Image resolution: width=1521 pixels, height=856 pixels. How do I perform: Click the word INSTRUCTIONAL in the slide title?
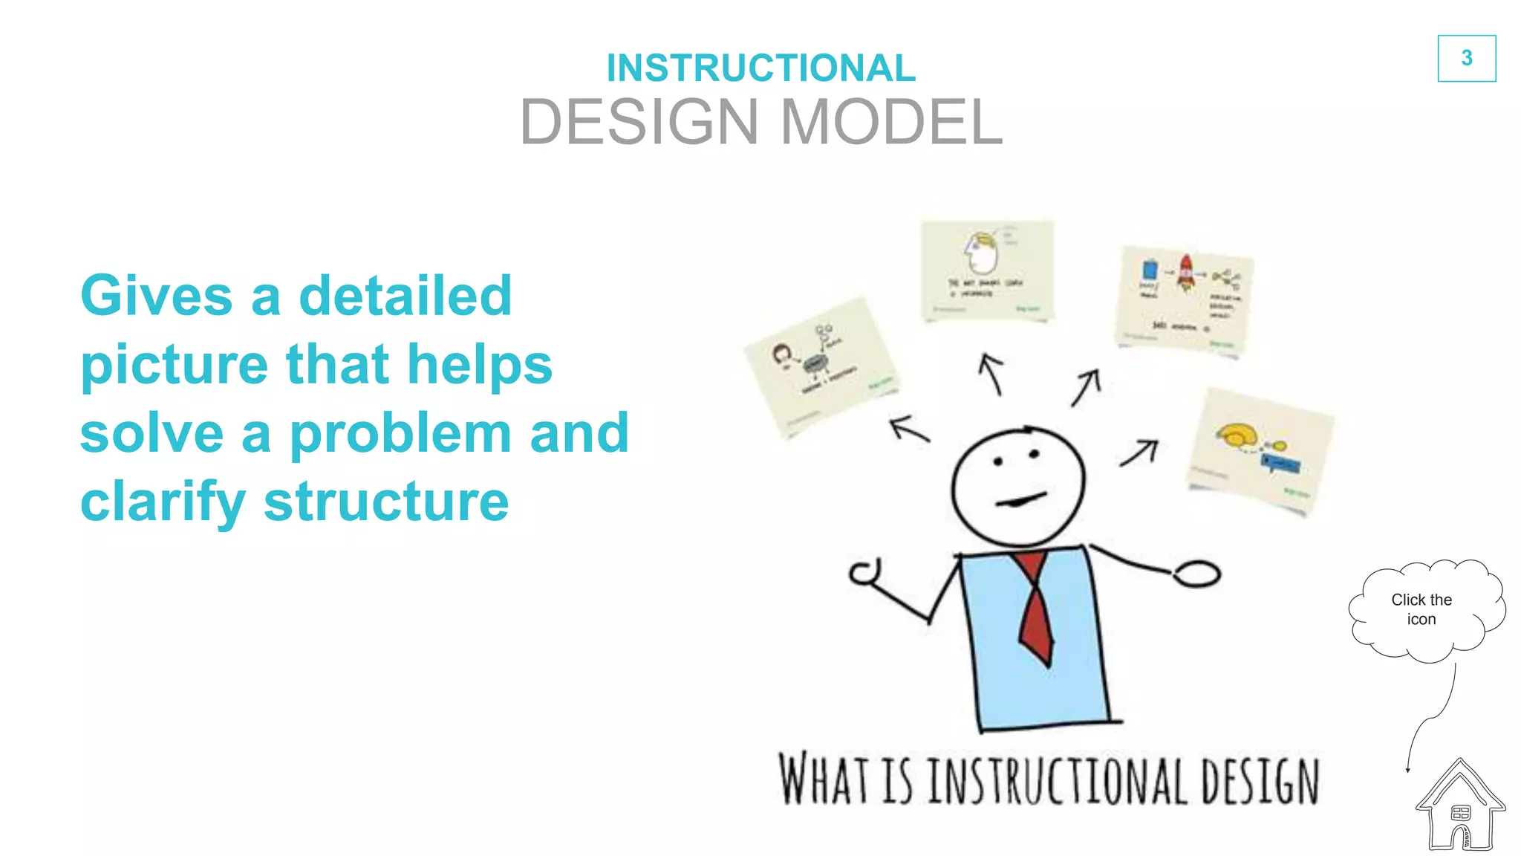[x=760, y=68]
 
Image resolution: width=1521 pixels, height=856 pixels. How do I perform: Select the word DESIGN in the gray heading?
[x=639, y=122]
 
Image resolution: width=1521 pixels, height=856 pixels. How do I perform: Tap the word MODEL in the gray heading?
[x=891, y=122]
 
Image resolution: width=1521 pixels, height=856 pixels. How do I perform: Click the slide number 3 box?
[x=1466, y=58]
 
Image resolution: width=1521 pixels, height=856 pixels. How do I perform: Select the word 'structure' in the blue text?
[x=386, y=502]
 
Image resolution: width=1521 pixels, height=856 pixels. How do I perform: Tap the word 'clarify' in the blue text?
[x=163, y=503]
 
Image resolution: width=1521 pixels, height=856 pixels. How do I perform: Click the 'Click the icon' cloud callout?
[x=1421, y=609]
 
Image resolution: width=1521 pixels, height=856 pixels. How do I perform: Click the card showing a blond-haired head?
[x=987, y=270]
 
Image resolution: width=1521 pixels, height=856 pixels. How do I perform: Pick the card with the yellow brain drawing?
[x=1260, y=450]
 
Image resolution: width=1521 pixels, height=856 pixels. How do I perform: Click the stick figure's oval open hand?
[x=1196, y=574]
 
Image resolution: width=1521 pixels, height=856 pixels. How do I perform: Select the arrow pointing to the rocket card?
[x=1086, y=387]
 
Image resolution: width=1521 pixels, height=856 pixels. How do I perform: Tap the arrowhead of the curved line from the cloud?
[x=1407, y=771]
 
